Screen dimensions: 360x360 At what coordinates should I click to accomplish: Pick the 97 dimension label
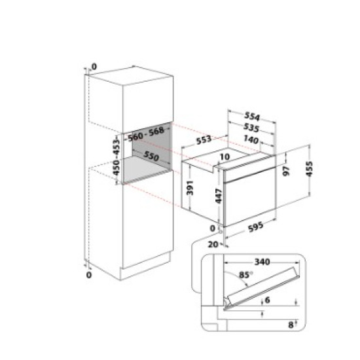point(286,171)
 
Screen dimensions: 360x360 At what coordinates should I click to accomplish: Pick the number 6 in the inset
point(268,301)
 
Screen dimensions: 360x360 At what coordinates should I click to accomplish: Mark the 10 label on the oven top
point(225,157)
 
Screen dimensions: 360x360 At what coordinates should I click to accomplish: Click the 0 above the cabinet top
point(94,66)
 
